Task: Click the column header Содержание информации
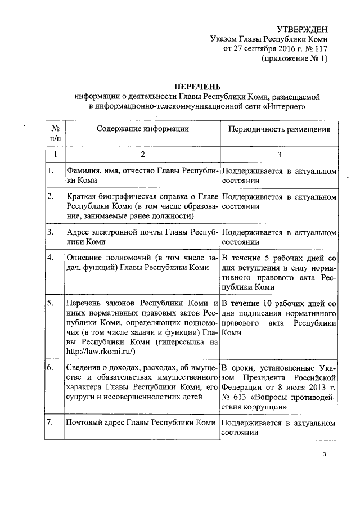(142, 129)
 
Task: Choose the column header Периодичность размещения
(279, 129)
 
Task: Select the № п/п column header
(55, 133)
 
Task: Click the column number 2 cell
(142, 154)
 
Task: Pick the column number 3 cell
(279, 154)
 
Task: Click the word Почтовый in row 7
(83, 422)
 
